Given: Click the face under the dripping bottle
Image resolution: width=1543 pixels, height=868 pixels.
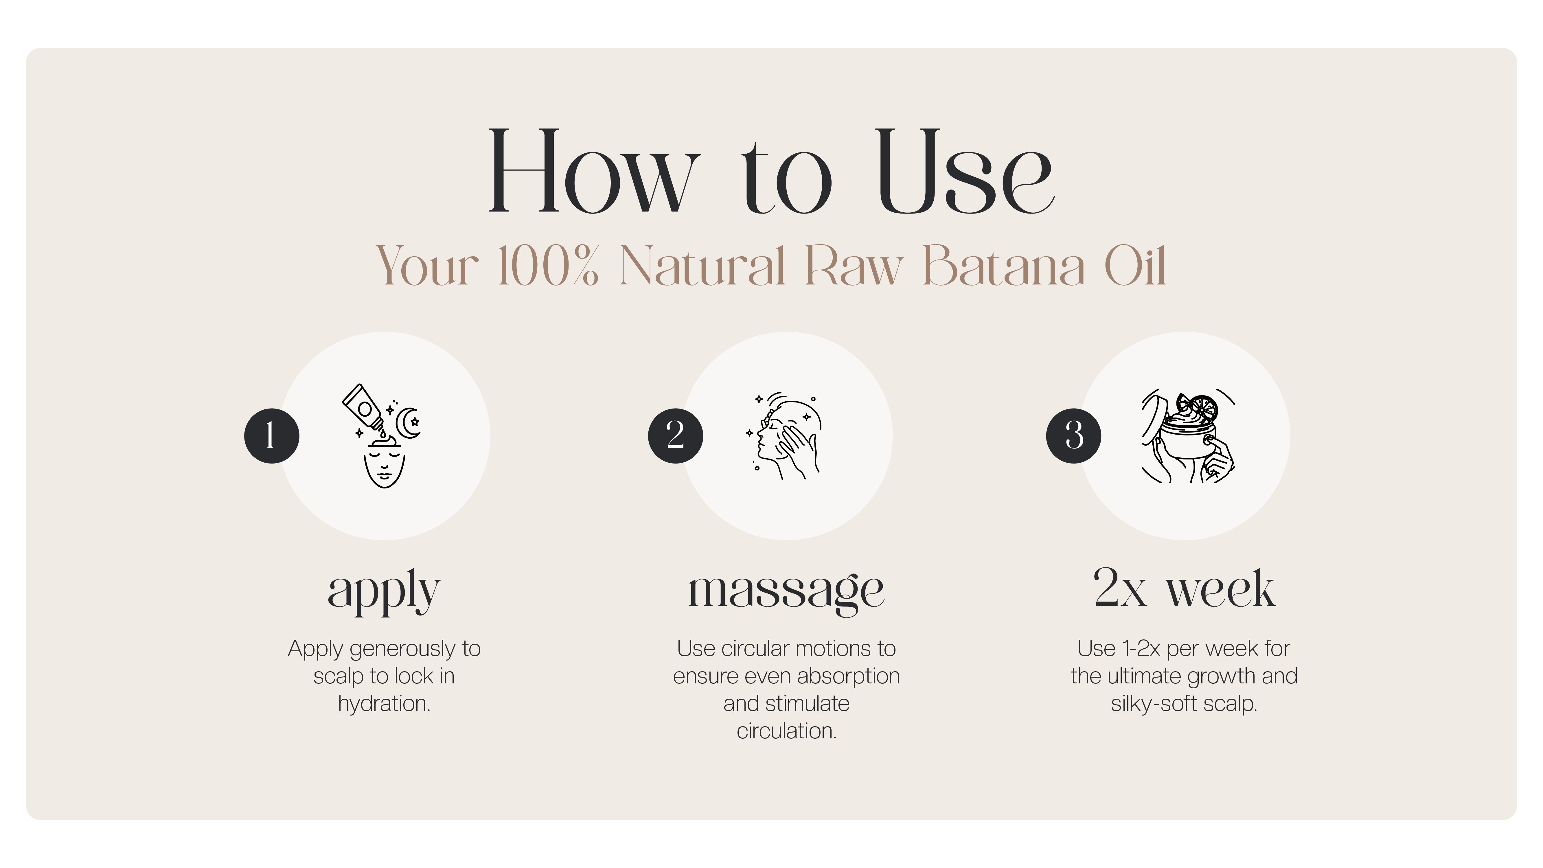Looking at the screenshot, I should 384,467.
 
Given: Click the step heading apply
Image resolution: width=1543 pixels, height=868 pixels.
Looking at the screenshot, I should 384,590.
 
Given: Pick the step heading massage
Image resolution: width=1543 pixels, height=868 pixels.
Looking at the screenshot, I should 786,590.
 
